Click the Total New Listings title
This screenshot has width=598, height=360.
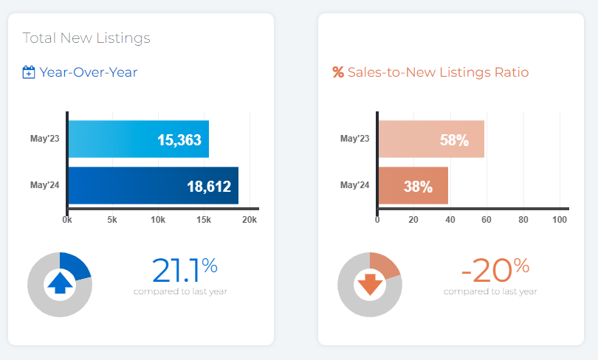pyautogui.click(x=86, y=38)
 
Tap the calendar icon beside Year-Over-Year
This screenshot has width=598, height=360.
pyautogui.click(x=29, y=72)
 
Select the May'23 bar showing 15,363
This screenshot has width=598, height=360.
pyautogui.click(x=138, y=139)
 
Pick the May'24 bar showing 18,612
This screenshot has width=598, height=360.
pyautogui.click(x=153, y=186)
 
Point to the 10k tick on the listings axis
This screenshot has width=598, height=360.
pyautogui.click(x=158, y=220)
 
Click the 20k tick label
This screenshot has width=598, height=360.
pyautogui.click(x=250, y=220)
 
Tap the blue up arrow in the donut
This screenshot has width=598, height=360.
pyautogui.click(x=60, y=283)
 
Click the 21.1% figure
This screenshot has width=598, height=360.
pyautogui.click(x=185, y=270)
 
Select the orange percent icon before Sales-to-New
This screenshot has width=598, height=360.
pyautogui.click(x=338, y=72)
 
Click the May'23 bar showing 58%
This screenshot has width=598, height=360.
pyautogui.click(x=431, y=139)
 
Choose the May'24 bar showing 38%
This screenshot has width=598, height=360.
pyautogui.click(x=413, y=186)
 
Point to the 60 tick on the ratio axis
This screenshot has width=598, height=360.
pyautogui.click(x=487, y=220)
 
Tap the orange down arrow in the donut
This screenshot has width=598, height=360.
pyautogui.click(x=370, y=283)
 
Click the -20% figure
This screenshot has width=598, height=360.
pyautogui.click(x=495, y=270)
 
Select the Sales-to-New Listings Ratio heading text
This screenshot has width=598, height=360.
pyautogui.click(x=438, y=72)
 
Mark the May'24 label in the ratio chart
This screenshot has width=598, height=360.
pyautogui.click(x=355, y=186)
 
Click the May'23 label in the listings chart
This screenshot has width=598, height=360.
pyautogui.click(x=45, y=139)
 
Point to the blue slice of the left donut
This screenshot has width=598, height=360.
pyautogui.click(x=76, y=266)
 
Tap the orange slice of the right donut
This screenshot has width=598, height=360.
pyautogui.click(x=385, y=265)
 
